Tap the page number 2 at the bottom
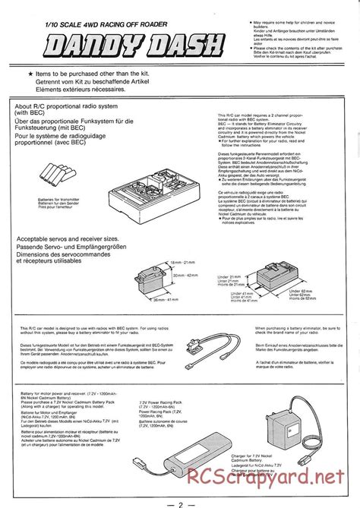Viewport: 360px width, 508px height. (180, 500)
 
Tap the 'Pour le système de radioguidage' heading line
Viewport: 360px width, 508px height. (68, 134)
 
